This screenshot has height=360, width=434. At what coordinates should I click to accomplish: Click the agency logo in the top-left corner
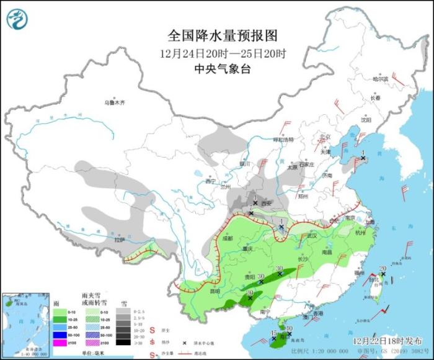point(17,19)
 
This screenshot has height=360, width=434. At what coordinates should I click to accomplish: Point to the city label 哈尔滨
point(379,79)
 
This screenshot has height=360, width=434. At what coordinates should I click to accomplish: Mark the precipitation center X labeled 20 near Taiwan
point(383,274)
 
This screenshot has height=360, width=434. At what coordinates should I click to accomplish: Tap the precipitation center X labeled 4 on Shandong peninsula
point(363,159)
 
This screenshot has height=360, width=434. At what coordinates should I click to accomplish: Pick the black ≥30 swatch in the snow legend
point(125,342)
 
